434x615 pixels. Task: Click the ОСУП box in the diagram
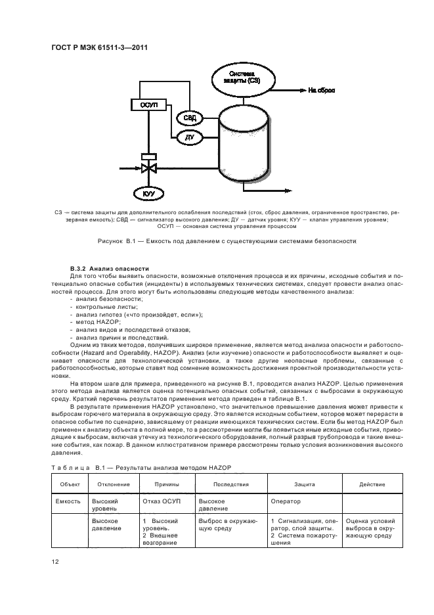pyautogui.click(x=144, y=106)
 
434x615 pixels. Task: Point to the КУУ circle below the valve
pyautogui.click(x=148, y=194)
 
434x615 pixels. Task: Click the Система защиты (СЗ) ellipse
pyautogui.click(x=241, y=76)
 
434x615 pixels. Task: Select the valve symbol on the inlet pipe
pyautogui.click(x=148, y=168)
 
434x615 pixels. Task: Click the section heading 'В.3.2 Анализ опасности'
pyautogui.click(x=102, y=269)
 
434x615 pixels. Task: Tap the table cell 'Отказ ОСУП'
pyautogui.click(x=161, y=501)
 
